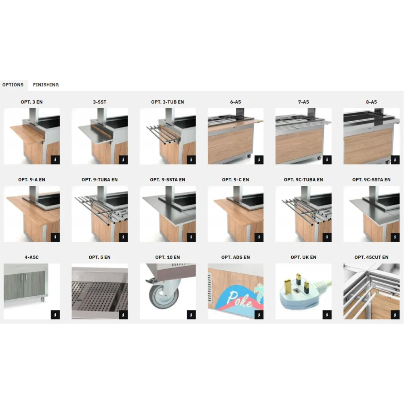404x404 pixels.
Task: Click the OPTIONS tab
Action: click(13, 85)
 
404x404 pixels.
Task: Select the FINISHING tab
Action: click(46, 85)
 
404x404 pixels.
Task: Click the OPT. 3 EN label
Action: click(32, 102)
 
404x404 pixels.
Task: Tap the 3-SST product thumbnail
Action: click(99, 136)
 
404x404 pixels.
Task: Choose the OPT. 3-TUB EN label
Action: click(167, 102)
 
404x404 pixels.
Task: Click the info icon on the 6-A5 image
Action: click(259, 160)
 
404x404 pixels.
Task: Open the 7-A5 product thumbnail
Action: click(303, 136)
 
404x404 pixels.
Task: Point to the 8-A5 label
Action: click(371, 102)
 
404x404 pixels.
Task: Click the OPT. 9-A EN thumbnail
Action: click(32, 214)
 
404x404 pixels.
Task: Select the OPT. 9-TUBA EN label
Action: click(99, 180)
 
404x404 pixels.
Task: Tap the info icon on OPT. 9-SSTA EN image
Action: click(191, 238)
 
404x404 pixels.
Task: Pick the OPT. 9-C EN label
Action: click(235, 180)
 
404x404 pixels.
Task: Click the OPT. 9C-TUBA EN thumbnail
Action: click(303, 214)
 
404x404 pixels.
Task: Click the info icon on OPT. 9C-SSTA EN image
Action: click(395, 238)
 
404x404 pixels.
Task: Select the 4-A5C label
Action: click(32, 257)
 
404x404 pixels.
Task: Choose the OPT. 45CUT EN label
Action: click(371, 257)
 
